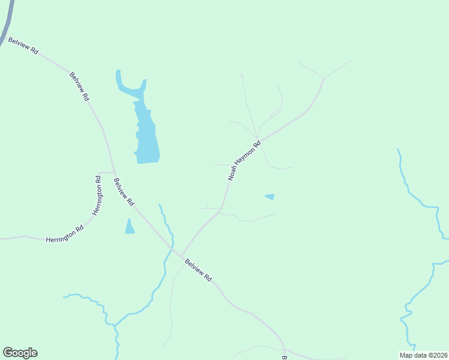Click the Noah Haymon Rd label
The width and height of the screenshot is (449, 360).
pos(244,161)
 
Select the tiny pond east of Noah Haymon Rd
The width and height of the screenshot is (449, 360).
pos(270,196)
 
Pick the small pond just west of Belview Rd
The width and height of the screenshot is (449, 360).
pos(130,227)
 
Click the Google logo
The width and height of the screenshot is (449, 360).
pos(20,353)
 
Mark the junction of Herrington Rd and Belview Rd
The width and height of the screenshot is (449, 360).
pos(114,172)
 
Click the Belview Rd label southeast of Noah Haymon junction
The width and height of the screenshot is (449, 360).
pos(199,270)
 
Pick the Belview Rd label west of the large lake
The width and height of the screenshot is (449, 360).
pos(79,86)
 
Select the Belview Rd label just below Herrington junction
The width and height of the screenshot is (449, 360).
pos(123,192)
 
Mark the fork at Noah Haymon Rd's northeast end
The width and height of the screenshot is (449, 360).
pos(324,78)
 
